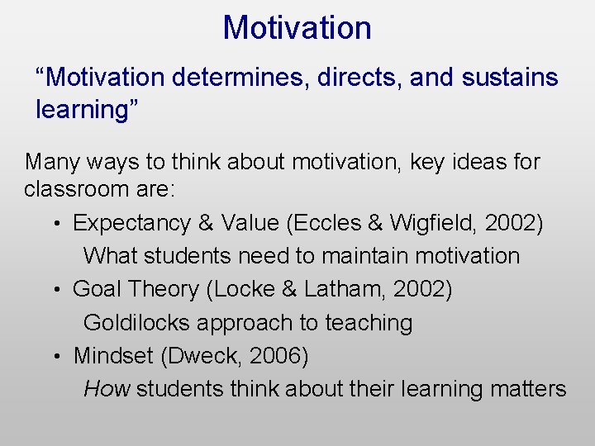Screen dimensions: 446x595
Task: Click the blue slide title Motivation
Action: [297, 28]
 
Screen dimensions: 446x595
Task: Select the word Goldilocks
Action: [136, 323]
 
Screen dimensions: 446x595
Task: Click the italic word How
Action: [107, 389]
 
